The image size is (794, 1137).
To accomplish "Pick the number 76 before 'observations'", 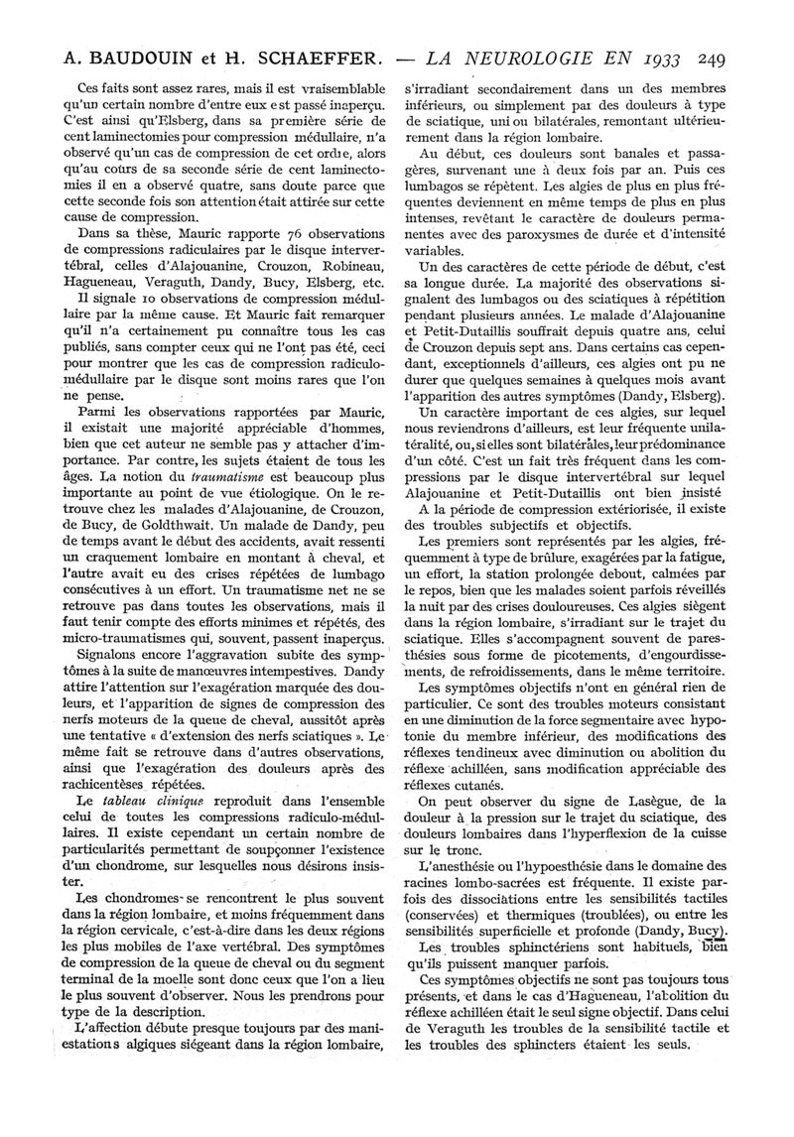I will [282, 233].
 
